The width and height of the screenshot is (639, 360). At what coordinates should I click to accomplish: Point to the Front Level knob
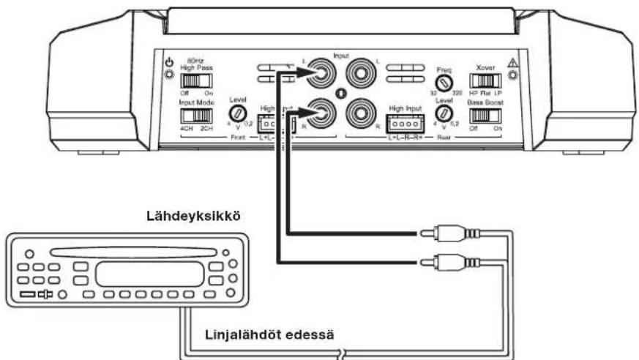coord(236,113)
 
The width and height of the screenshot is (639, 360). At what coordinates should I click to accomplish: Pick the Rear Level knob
coord(442,113)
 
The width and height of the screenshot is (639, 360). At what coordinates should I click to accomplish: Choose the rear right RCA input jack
coord(360,113)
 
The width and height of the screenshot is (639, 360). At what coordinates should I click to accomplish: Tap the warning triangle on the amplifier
coord(512,64)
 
